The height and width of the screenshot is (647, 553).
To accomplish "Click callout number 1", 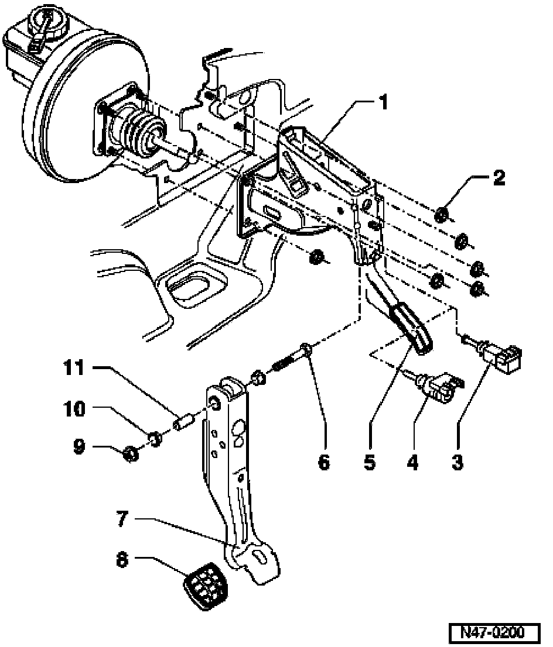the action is pos(384,102).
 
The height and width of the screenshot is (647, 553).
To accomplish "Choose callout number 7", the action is pos(122,519).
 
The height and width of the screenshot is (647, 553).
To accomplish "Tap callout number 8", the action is pos(122,560).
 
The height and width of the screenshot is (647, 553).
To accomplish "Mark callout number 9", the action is pos(80,446).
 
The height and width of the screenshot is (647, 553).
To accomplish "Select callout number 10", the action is pos(74,409).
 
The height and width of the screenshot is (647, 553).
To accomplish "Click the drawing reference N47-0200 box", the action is pos(495,632).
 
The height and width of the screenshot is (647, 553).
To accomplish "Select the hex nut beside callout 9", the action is pos(131,455).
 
